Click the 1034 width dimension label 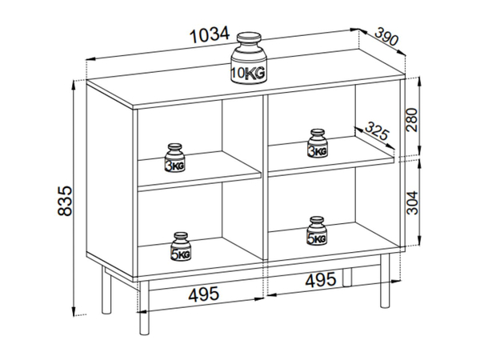(210, 34)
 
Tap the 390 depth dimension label (387, 37)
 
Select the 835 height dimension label (65, 201)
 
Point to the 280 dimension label (412, 120)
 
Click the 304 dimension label (412, 202)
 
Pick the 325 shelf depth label (377, 130)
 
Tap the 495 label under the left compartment (204, 294)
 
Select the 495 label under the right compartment (321, 280)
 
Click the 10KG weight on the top (249, 58)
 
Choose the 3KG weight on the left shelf (174, 158)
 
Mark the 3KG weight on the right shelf (318, 143)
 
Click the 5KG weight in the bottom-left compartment (181, 246)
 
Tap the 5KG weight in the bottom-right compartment (317, 231)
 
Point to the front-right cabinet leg (385, 281)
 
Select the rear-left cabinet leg (106, 291)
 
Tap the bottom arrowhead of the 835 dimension (74, 310)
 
